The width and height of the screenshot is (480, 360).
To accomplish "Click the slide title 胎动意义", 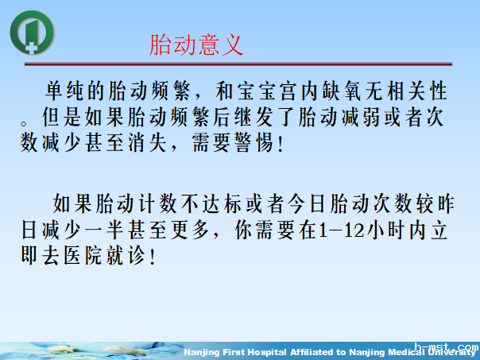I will click(196, 44).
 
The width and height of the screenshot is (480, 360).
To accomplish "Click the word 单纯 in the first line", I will click(66, 90).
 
